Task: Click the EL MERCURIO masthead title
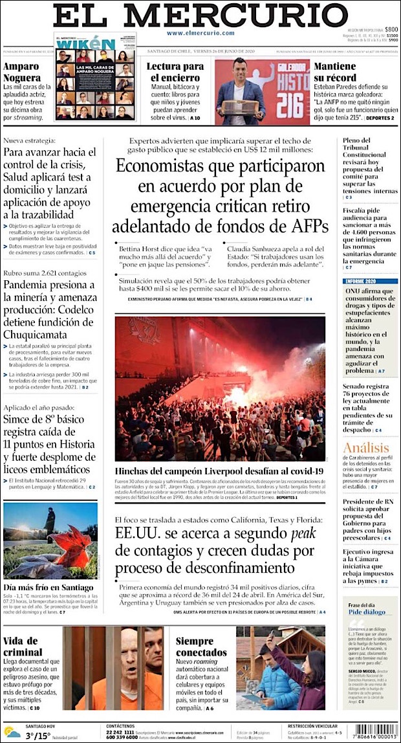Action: pyautogui.click(x=200, y=16)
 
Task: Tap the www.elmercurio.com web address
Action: pyautogui.click(x=200, y=33)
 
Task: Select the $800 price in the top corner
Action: pyautogui.click(x=391, y=30)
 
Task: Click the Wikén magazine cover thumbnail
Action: pyautogui.click(x=95, y=77)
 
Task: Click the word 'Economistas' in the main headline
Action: pyautogui.click(x=169, y=167)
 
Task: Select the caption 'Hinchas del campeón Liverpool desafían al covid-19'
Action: pyautogui.click(x=219, y=471)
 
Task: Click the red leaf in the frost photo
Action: pyautogui.click(x=72, y=545)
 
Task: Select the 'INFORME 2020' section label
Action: pyautogui.click(x=361, y=281)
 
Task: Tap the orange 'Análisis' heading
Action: pyautogui.click(x=366, y=449)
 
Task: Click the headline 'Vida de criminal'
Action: pyautogui.click(x=23, y=646)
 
